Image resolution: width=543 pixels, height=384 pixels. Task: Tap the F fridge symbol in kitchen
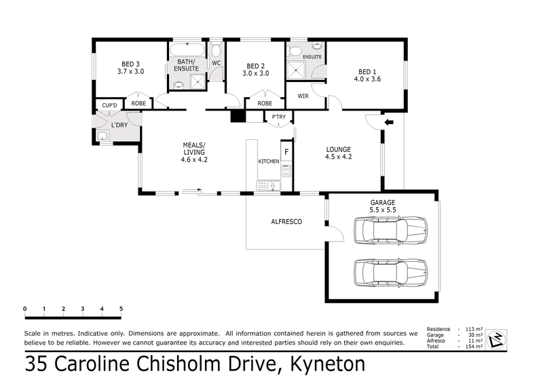[286, 152]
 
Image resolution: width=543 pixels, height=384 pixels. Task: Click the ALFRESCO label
[286, 222]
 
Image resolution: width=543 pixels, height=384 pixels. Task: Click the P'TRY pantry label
[279, 117]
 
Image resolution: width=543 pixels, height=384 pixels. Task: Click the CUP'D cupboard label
[110, 104]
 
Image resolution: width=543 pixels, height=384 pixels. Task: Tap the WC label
[217, 63]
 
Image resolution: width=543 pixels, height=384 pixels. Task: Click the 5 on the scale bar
[121, 309]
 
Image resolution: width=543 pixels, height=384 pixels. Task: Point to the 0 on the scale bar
[24, 309]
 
